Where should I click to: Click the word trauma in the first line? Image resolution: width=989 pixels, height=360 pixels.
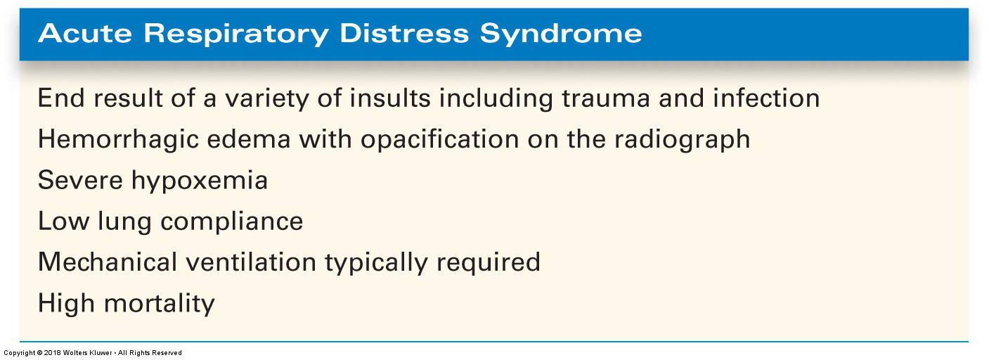point(606,98)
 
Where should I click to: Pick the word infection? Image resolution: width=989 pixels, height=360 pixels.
point(766,98)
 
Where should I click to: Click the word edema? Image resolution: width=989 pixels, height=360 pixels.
point(249,139)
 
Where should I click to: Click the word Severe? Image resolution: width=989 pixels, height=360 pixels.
point(80,180)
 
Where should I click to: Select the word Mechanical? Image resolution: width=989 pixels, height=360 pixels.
point(108,262)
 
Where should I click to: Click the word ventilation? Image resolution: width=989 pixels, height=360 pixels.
point(251,262)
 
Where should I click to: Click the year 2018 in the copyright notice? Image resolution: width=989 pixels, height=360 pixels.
point(52,353)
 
